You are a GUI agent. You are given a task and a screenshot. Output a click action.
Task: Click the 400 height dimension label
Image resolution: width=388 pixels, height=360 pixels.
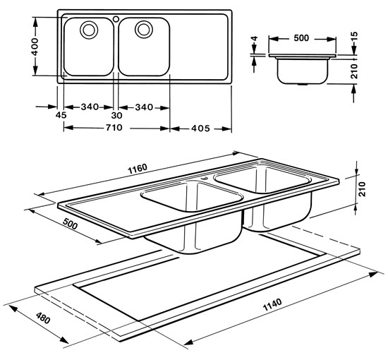[35, 47]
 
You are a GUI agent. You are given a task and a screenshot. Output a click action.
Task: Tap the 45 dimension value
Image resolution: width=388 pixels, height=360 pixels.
[61, 115]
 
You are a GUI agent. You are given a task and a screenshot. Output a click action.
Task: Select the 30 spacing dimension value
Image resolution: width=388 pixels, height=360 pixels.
[116, 115]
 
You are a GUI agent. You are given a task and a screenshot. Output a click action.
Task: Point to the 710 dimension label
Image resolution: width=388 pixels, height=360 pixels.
[114, 128]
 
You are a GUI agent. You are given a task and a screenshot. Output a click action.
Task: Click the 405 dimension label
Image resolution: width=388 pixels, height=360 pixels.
[200, 128]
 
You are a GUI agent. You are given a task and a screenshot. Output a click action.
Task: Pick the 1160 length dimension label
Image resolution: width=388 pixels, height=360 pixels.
[138, 169]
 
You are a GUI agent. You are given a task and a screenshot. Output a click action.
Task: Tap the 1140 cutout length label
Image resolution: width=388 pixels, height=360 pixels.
[272, 305]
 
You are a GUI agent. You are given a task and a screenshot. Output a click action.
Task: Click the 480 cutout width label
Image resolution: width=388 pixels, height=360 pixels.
[43, 318]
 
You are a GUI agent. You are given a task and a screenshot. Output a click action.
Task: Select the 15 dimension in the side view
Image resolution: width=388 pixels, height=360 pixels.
[355, 37]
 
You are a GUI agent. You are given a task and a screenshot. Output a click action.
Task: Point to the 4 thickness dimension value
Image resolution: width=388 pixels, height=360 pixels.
[255, 39]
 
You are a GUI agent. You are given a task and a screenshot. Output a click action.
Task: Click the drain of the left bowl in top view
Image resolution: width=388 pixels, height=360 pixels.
[89, 30]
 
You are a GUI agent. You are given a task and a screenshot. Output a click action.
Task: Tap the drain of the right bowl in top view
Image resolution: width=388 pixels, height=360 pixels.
[144, 29]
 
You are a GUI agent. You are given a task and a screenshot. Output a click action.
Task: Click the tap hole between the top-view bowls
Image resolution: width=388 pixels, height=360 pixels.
[116, 18]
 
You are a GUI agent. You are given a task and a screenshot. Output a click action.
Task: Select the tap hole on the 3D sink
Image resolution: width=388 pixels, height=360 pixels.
[204, 178]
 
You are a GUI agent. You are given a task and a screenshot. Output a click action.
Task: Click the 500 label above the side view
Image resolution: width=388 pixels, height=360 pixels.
[301, 38]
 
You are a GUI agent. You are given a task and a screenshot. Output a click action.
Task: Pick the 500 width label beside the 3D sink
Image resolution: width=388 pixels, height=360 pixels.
[71, 224]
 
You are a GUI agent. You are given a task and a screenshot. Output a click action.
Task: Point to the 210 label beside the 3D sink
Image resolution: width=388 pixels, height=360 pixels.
[362, 189]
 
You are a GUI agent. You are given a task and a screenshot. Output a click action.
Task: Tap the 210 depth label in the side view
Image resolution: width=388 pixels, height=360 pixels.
[355, 71]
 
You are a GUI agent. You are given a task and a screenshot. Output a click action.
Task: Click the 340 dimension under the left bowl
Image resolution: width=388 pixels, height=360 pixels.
[90, 107]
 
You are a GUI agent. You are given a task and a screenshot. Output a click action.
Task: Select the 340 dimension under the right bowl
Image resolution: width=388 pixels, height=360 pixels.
[144, 107]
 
